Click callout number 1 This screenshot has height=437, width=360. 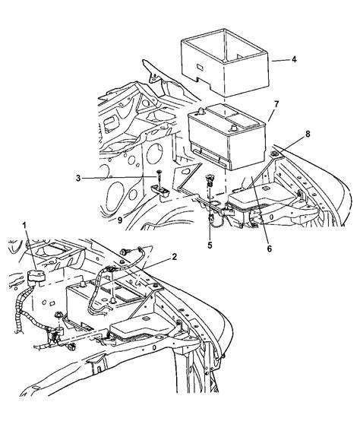tap(25, 225)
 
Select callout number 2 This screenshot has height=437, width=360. tap(174, 257)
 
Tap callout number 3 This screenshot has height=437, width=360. tap(78, 178)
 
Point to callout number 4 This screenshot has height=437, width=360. tap(294, 59)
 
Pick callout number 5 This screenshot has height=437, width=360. tap(210, 245)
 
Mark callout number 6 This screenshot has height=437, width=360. tap(269, 249)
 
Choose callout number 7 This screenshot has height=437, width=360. tap(276, 104)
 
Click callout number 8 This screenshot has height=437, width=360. tap(308, 134)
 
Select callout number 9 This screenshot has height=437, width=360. tap(120, 220)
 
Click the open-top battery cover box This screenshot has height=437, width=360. tap(225, 63)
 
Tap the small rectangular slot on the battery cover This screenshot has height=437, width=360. tap(200, 67)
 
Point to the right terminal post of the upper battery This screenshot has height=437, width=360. tap(234, 128)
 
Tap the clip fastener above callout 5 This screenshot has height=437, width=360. tap(209, 180)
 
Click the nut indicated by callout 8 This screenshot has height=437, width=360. tap(273, 153)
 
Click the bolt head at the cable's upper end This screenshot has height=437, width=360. tap(123, 252)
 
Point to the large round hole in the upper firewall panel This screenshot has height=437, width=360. tap(154, 154)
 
